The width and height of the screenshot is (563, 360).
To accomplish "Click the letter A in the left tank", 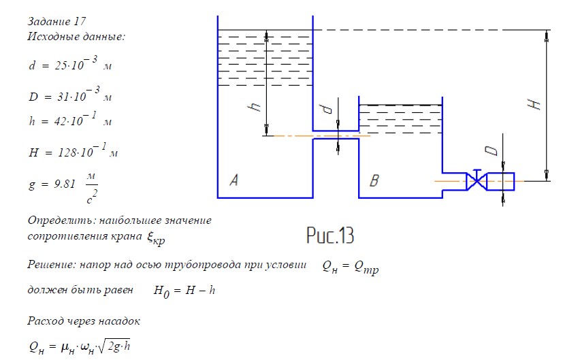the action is (234, 180).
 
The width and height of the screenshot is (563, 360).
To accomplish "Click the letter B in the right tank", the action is (374, 180).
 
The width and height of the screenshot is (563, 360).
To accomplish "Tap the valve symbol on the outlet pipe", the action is (477, 180).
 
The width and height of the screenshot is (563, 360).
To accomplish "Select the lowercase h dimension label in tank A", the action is (255, 106).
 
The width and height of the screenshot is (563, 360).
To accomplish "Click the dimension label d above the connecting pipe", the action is (327, 109).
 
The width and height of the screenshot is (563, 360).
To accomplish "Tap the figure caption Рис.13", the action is (330, 235).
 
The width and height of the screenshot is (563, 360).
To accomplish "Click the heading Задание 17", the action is (57, 21).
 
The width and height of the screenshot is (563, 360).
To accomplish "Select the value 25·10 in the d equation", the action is (69, 65).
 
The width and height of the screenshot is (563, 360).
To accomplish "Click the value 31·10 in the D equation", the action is (71, 97).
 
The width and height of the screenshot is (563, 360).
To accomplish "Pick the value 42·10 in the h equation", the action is (69, 121).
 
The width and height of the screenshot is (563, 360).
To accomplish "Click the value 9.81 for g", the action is (65, 184).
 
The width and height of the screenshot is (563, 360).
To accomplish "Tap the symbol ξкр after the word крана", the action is (156, 238).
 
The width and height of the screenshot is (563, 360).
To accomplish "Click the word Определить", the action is (62, 220).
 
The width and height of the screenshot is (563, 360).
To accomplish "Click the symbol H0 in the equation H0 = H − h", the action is (161, 291).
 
